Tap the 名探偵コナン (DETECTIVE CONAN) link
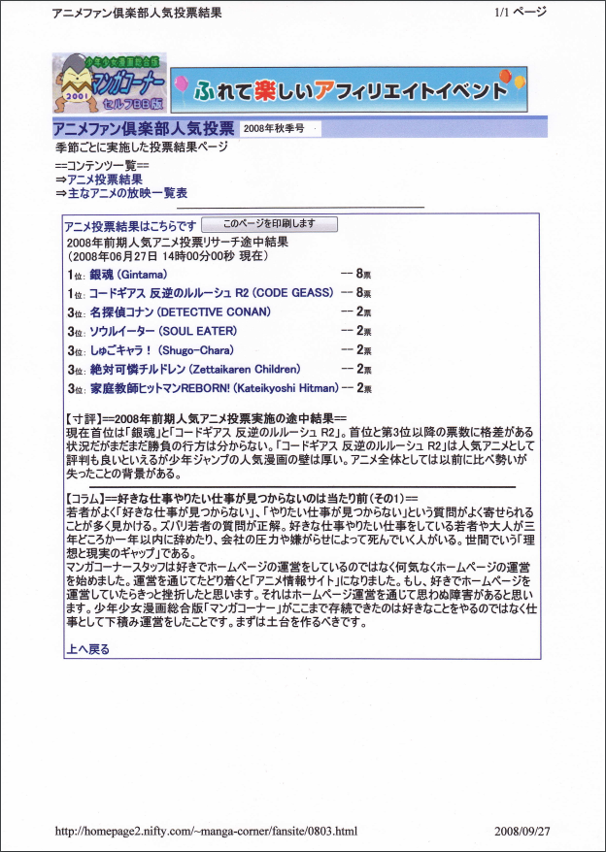pyautogui.click(x=180, y=312)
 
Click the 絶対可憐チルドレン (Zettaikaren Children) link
pyautogui.click(x=195, y=369)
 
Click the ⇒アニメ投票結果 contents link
pyautogui.click(x=99, y=180)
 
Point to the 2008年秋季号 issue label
pyautogui.click(x=274, y=128)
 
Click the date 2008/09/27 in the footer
pyautogui.click(x=522, y=832)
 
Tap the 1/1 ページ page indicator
pyautogui.click(x=521, y=13)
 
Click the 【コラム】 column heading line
pyautogui.click(x=240, y=498)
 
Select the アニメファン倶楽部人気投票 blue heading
pyautogui.click(x=143, y=128)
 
